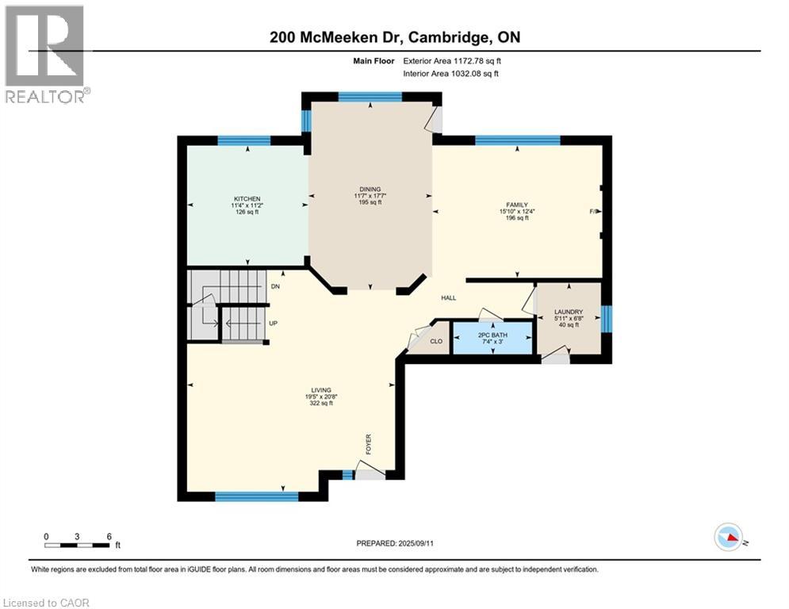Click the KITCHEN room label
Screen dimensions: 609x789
point(247,198)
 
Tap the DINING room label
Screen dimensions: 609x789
point(370,189)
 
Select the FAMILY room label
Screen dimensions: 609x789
point(513,205)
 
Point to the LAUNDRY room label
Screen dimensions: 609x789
point(569,312)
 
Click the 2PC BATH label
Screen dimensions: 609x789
point(492,334)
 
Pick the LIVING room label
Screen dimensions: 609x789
point(320,389)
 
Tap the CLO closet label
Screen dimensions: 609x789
point(436,342)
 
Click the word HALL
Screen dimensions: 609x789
point(449,297)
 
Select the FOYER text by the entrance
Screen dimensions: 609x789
point(368,444)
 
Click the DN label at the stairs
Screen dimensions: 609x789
point(275,286)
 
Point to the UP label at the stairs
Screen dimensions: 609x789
point(273,324)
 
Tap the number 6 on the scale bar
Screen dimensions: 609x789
point(107,536)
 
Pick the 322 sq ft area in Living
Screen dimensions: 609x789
point(320,404)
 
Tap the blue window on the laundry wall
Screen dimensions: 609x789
point(607,319)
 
